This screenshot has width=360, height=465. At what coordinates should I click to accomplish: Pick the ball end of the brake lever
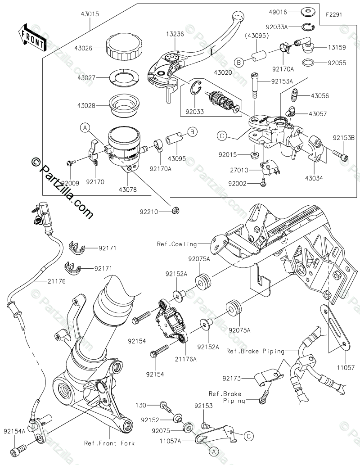tap(237, 17)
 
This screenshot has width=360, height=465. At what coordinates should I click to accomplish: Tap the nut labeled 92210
tap(176, 210)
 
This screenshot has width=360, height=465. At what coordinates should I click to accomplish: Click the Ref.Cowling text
tap(177, 244)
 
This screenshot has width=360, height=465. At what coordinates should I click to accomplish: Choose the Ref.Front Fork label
tap(109, 443)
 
